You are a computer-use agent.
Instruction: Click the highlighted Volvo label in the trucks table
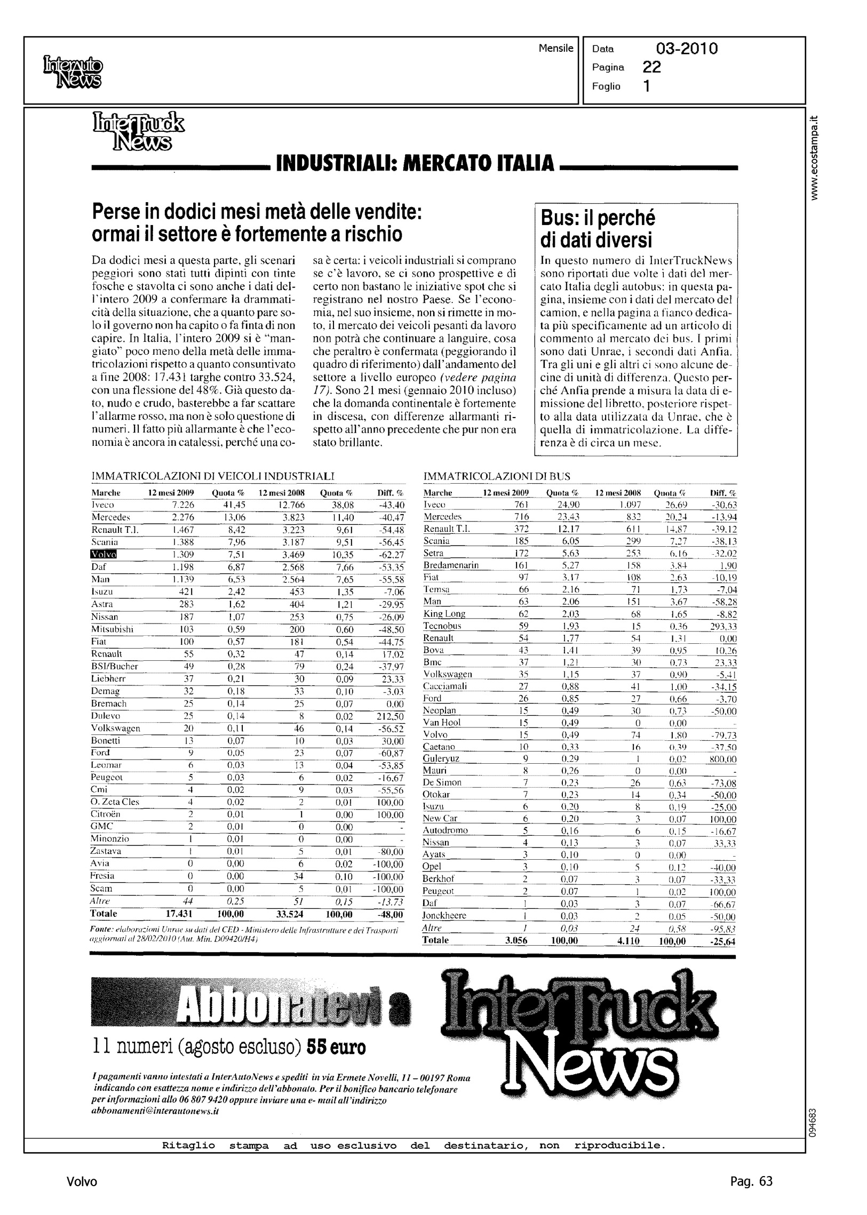(104, 554)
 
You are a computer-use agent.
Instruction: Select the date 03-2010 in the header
(687, 49)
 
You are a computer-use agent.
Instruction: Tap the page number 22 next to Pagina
(652, 67)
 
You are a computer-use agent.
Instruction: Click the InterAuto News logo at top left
(71, 72)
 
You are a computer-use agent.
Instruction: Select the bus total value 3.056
(516, 940)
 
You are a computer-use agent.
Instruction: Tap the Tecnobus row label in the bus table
(442, 626)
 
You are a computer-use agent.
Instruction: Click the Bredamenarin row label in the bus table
(451, 565)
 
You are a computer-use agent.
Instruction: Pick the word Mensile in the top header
(556, 49)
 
